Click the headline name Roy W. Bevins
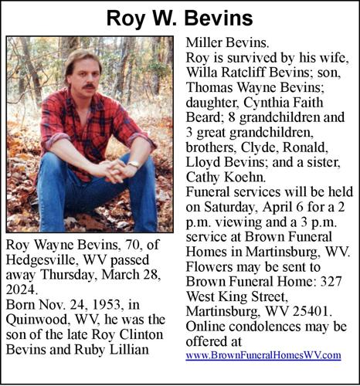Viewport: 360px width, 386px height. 179,16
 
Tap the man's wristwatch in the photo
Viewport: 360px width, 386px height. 134,164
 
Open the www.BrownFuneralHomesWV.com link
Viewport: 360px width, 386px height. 263,356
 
